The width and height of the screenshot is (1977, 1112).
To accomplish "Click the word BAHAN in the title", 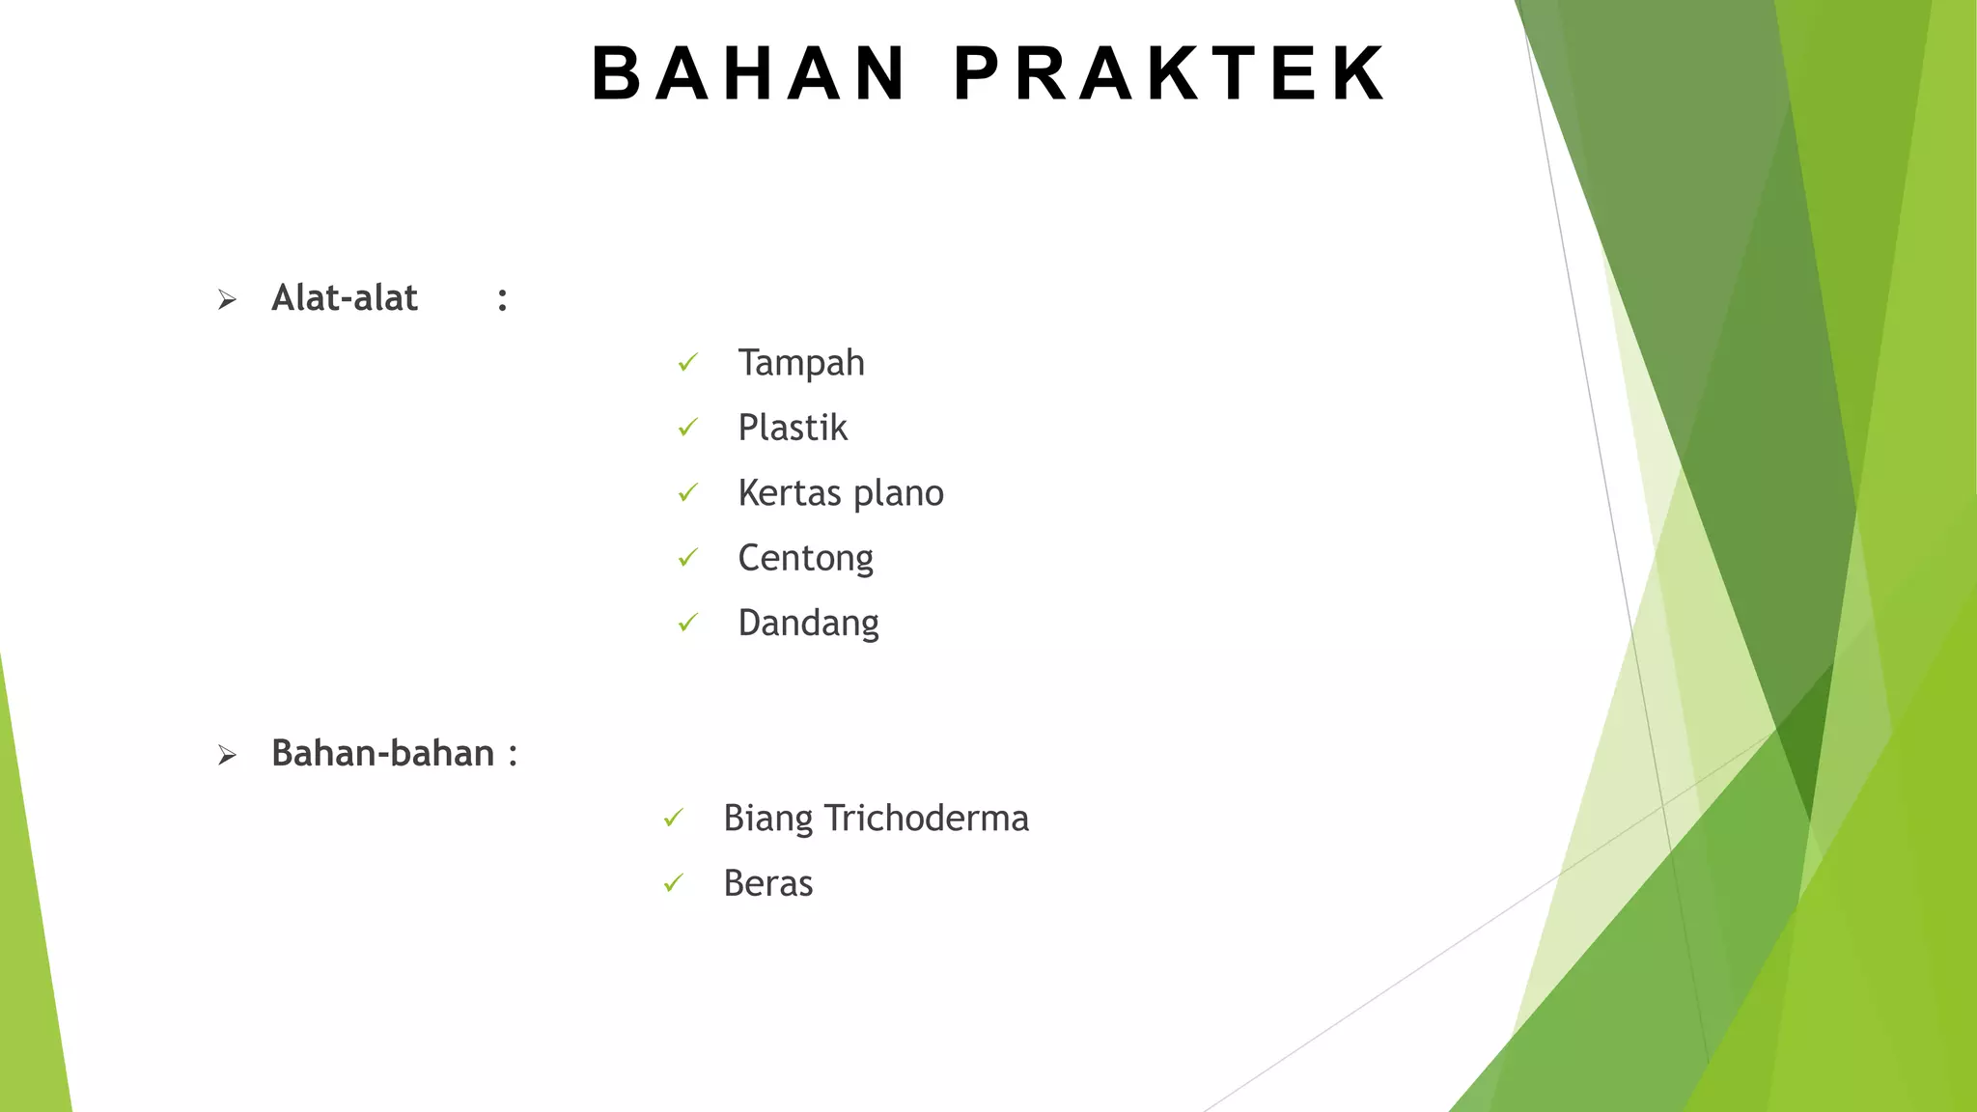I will click(749, 73).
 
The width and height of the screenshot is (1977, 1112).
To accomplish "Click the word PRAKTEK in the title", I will click(1170, 73).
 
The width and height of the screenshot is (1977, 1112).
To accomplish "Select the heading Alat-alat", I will click(345, 298).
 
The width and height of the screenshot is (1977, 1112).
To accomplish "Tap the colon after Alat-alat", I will click(502, 300).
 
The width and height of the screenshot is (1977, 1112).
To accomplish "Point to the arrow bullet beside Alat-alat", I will click(227, 300).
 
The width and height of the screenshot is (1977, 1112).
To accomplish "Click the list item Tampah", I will click(800, 363).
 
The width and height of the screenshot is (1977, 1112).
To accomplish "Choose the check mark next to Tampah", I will click(687, 363).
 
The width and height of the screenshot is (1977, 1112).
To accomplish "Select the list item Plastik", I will click(792, 428).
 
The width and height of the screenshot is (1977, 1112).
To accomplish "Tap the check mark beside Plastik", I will click(687, 428).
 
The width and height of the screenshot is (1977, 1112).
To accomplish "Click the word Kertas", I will click(790, 493).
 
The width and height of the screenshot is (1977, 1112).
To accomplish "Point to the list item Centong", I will click(805, 559).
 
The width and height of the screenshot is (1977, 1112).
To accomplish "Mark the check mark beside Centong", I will click(687, 558).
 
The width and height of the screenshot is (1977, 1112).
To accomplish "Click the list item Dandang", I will click(808, 624).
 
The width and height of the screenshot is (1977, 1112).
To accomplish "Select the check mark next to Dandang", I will click(687, 624).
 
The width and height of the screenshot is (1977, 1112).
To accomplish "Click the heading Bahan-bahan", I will click(382, 753).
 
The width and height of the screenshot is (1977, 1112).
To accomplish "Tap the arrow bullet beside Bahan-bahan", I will click(227, 755).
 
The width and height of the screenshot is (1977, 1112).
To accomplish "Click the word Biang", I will click(767, 819).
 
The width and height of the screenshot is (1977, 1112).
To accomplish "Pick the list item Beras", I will click(767, 884).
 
